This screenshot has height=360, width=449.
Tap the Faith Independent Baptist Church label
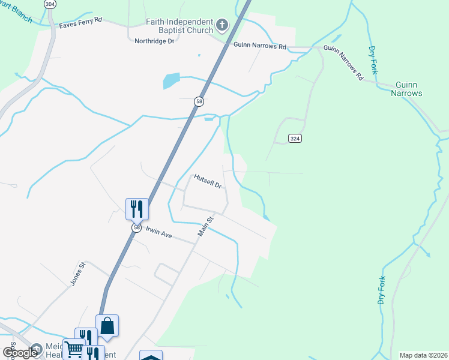coord(179,26)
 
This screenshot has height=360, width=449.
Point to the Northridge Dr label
coord(154,41)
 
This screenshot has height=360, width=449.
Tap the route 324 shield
coord(294,139)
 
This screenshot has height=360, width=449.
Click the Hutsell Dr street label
coord(208,181)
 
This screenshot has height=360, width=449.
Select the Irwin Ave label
coord(158,233)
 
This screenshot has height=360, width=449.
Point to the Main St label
coord(206,227)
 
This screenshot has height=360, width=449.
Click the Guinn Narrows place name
coord(407,89)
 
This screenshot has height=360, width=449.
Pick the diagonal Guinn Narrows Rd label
coord(343,63)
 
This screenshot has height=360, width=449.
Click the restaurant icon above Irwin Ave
coord(137,209)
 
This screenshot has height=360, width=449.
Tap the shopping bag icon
coord(107,326)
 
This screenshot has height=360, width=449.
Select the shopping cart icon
coord(73,349)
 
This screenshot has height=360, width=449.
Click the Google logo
coord(20,353)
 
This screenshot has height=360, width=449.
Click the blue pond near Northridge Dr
coord(171,80)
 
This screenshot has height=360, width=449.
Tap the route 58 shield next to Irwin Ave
coord(137,228)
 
